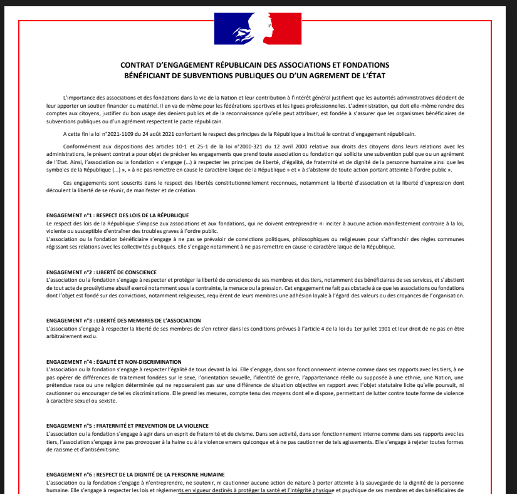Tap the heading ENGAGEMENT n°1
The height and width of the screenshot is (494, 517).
click(x=69, y=215)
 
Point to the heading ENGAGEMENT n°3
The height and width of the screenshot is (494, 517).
click(x=69, y=320)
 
